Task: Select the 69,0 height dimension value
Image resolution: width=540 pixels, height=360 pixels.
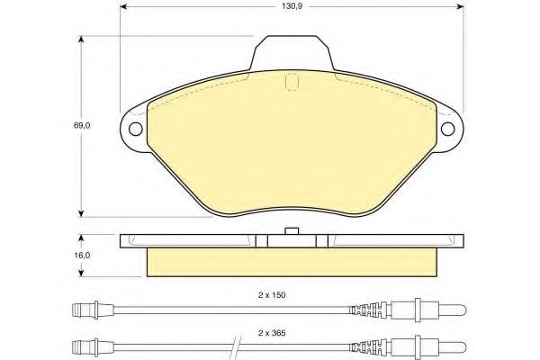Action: click(x=82, y=126)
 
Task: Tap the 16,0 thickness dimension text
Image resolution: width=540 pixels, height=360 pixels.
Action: click(x=82, y=256)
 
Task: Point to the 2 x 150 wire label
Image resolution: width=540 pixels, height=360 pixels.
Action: click(x=272, y=295)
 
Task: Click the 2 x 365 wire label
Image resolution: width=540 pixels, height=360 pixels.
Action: click(x=272, y=333)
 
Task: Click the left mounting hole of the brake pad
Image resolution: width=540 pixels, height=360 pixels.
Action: click(x=135, y=129)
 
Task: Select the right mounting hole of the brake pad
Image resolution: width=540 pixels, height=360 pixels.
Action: click(x=447, y=129)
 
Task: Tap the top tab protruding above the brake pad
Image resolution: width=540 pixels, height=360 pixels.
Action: click(x=292, y=52)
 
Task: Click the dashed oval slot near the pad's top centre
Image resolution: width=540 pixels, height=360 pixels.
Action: click(x=292, y=82)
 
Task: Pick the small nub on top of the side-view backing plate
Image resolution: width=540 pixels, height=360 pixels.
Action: click(x=292, y=231)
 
